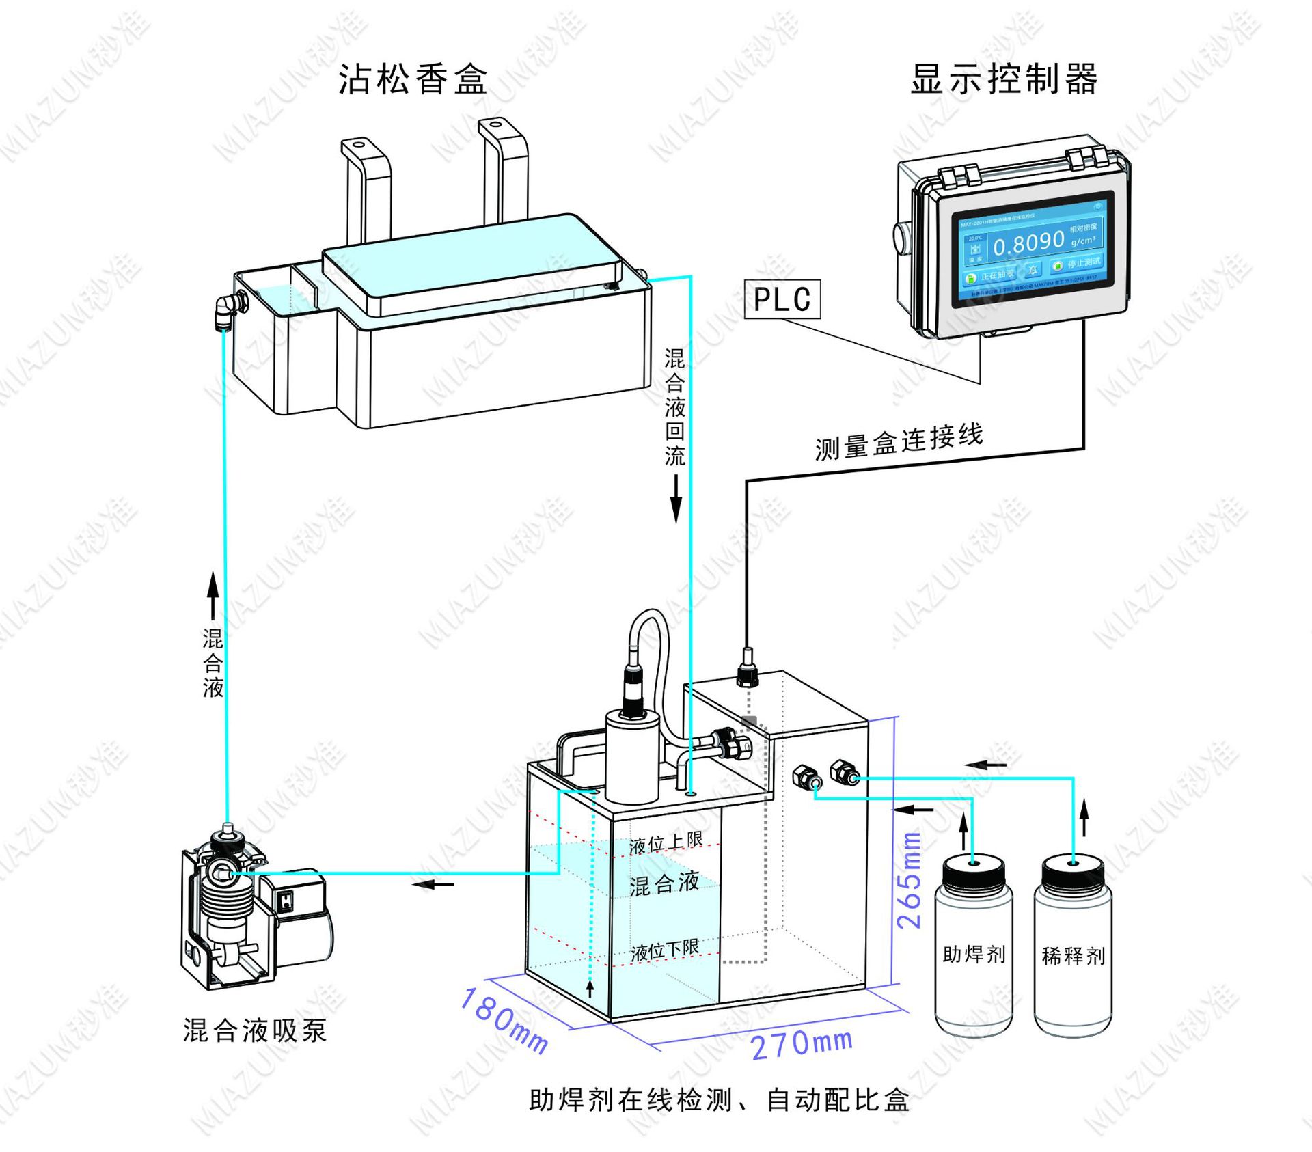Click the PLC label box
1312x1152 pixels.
(x=782, y=299)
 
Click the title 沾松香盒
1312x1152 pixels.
(x=413, y=79)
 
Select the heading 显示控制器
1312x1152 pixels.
(x=1004, y=79)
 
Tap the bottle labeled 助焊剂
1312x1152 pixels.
(x=973, y=950)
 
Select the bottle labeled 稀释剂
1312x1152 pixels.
(x=1073, y=950)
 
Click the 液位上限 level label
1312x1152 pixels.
(x=666, y=843)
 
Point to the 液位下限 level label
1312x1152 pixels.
(x=664, y=950)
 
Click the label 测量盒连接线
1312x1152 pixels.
(x=899, y=442)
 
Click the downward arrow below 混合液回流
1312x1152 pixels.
(x=676, y=499)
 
